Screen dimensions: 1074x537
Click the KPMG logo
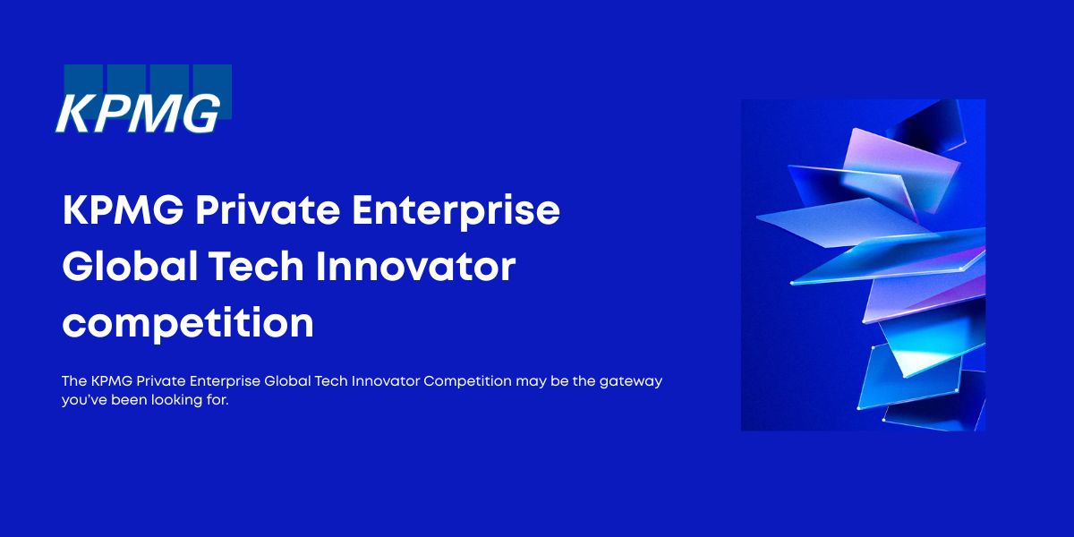144,99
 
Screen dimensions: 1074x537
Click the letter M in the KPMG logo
153,115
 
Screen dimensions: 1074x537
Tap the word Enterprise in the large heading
456,211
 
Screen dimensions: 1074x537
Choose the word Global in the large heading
130,266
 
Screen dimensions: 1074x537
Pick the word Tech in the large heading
257,266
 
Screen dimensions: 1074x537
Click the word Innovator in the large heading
415,267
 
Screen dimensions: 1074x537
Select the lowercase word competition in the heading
188,324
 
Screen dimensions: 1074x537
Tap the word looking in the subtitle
176,400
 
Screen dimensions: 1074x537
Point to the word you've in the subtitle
84,400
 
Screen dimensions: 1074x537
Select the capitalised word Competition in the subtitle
467,381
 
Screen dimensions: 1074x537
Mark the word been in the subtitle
129,400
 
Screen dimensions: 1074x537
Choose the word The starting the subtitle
73,380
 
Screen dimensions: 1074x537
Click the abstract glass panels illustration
863,265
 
